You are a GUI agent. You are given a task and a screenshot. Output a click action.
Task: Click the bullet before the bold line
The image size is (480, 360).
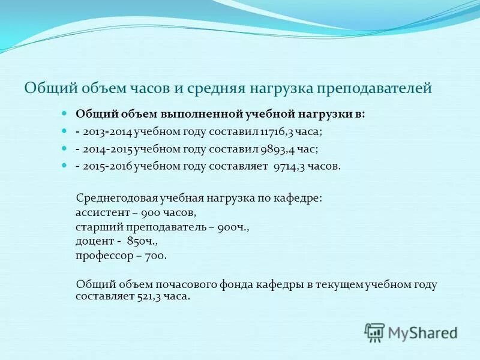point(66,113)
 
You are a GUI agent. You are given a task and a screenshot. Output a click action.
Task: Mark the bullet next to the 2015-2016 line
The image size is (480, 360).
point(66,166)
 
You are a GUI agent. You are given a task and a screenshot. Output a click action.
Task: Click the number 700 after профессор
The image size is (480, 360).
point(155,255)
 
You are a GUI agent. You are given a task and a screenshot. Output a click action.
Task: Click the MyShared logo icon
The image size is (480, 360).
point(374,332)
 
